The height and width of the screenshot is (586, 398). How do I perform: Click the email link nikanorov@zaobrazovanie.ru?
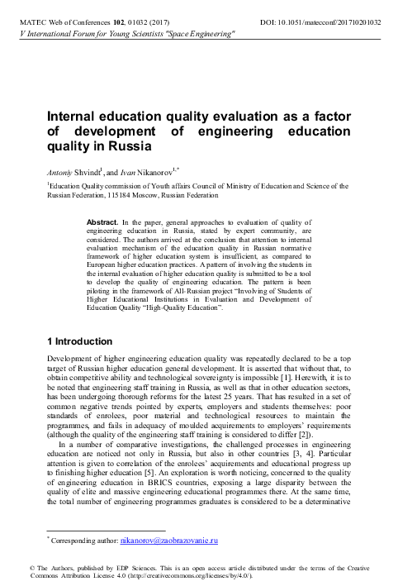[x=168, y=541]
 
